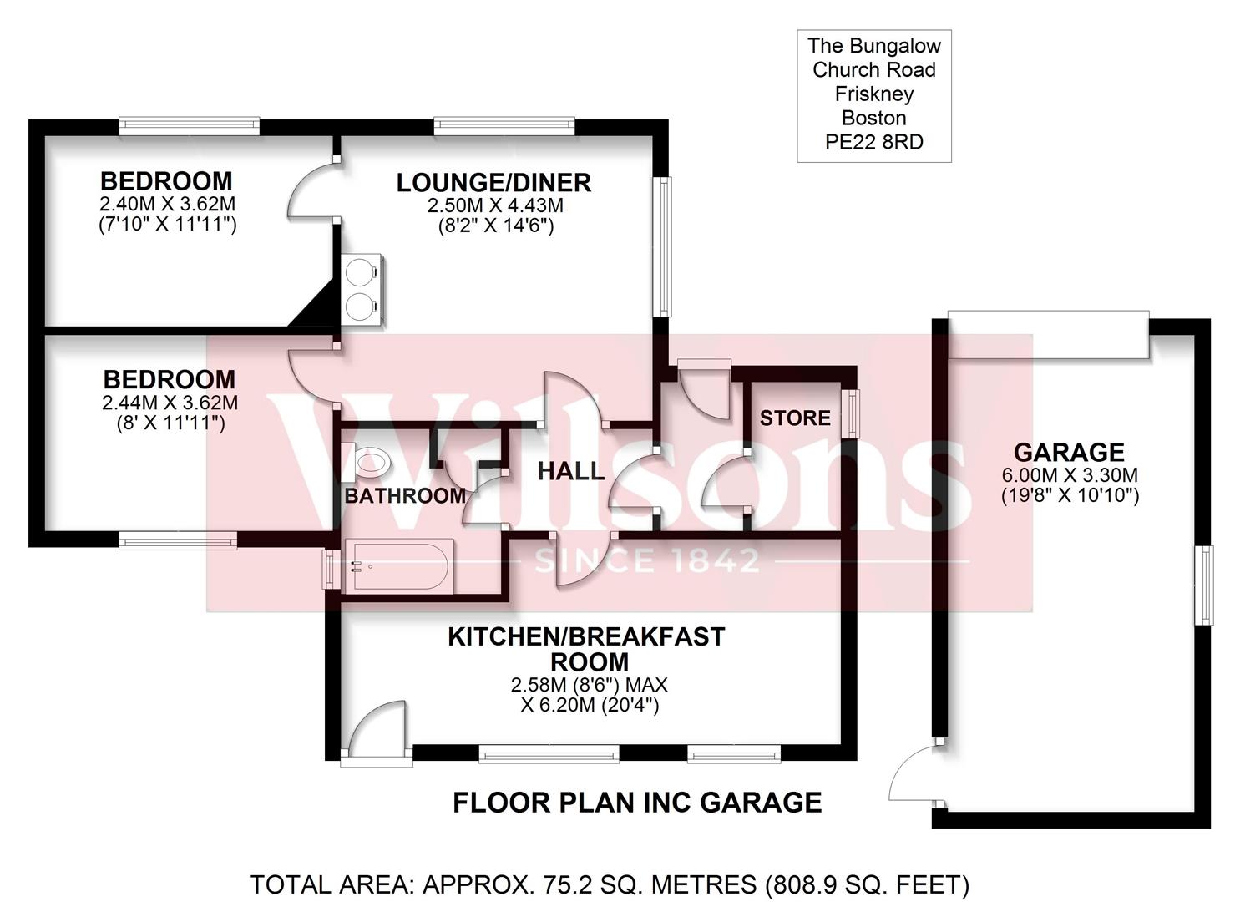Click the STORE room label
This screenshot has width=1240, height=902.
[x=795, y=418]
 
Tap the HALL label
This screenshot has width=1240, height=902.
[x=570, y=471]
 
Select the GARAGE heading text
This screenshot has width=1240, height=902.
[x=1069, y=453]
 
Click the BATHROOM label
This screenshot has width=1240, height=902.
[x=405, y=495]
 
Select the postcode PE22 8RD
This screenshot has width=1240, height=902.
[x=873, y=142]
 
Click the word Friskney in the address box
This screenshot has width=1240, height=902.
[x=873, y=94]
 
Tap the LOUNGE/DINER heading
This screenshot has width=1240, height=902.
[x=493, y=182]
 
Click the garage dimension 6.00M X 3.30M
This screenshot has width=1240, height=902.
[x=1069, y=475]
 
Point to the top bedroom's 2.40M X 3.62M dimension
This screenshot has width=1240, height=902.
[x=167, y=204]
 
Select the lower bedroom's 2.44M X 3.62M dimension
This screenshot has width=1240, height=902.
[x=170, y=403]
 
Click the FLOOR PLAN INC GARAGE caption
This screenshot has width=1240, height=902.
[x=637, y=803]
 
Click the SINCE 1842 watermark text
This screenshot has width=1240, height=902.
[x=648, y=560]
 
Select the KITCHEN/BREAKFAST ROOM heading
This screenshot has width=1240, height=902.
[x=586, y=649]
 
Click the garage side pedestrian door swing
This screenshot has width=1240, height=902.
[x=914, y=774]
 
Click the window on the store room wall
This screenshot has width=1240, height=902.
[x=850, y=413]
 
